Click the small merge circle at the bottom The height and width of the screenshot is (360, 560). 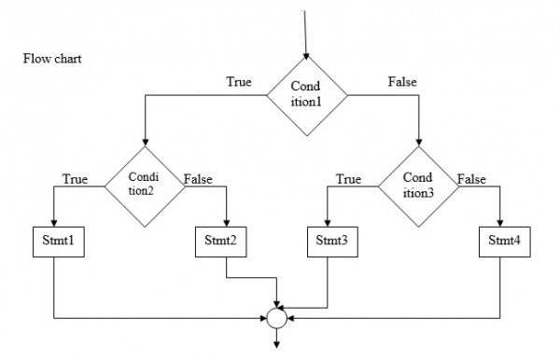(276, 318)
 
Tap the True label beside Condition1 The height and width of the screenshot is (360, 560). (239, 82)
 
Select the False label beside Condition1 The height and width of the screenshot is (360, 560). (402, 82)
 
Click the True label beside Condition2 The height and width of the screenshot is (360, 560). (75, 178)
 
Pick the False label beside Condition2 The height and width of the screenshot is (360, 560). (199, 178)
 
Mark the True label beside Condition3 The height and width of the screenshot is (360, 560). (348, 178)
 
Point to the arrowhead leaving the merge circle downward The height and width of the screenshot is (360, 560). (276, 340)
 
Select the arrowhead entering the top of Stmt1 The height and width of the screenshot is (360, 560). (54, 221)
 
